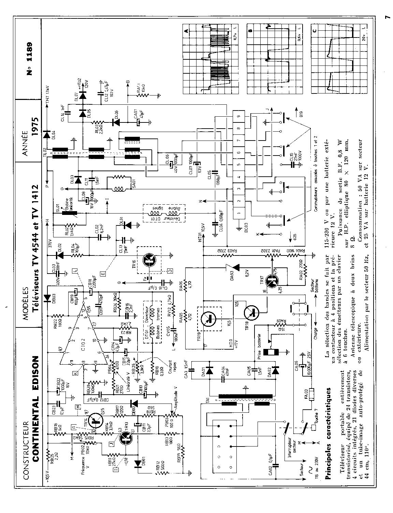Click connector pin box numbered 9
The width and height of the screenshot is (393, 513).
pyautogui.click(x=238, y=116)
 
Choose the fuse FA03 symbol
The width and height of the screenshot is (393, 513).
pyautogui.click(x=311, y=395)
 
